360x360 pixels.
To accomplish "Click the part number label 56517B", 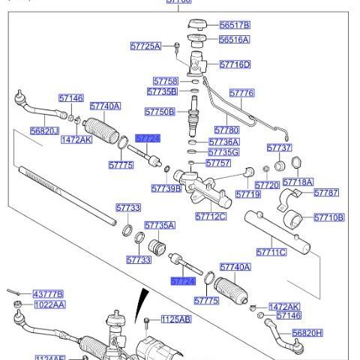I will coord(235,25).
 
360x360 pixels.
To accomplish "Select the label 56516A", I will coord(235,40).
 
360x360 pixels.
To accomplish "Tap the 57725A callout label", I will coord(145,46).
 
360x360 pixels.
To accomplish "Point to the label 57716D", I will coord(235,65).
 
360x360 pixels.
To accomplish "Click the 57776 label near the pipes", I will coord(241,93).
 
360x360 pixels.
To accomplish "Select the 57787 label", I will coord(326,193).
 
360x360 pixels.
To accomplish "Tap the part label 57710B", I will coord(328,217).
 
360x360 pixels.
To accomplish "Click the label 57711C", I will coord(271,253).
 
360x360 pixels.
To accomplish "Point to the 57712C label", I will coord(211,217).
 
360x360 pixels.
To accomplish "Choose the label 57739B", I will coord(166,189).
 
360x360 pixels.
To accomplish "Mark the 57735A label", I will coord(160,225).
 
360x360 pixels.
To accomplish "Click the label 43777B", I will coord(48,294).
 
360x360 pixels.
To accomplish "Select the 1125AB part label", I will coord(176,319).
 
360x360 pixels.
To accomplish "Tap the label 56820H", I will coord(307,333).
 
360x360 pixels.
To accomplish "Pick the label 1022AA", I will coord(49,305).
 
